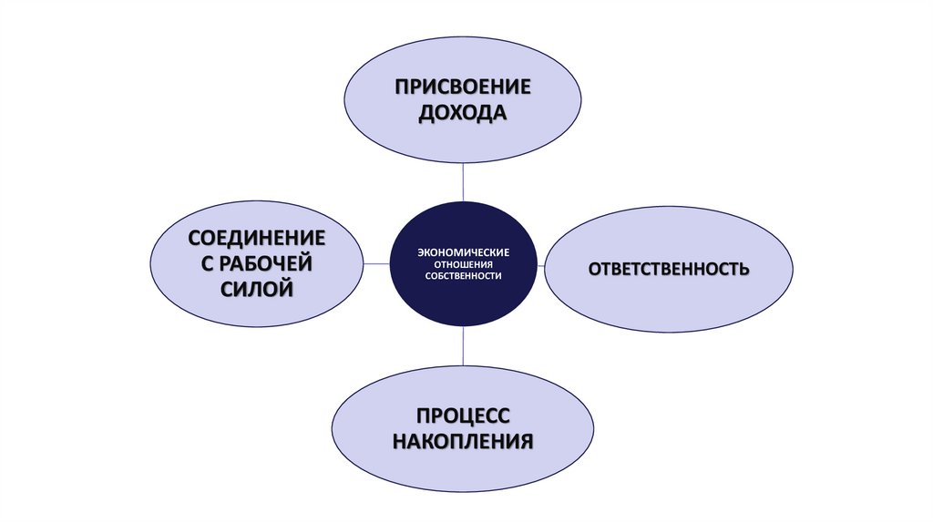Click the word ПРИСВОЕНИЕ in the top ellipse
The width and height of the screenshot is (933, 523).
pos(462,87)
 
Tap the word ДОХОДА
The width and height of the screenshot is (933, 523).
pos(462,114)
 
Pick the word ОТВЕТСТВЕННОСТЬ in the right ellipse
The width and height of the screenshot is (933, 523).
pos(669,269)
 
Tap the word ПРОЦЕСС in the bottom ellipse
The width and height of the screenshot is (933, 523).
pos(462,415)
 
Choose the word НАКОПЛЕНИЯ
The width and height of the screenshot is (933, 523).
pos(462,442)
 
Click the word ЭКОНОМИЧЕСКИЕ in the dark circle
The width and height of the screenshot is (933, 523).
pos(464,251)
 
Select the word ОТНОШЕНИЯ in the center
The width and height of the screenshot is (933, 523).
pos(464,263)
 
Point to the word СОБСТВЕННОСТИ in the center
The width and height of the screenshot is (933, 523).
pos(464,275)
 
